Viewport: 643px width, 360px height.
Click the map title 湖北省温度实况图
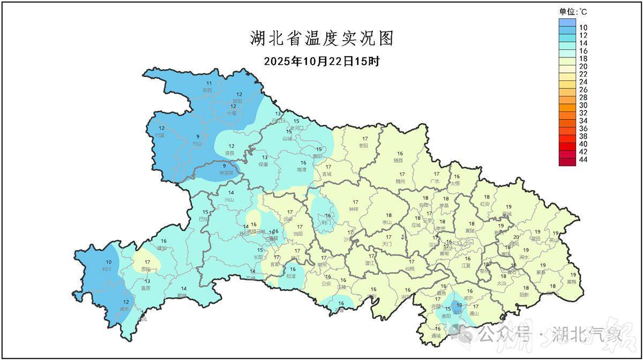pyautogui.click(x=322, y=39)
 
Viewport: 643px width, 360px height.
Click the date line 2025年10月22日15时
pyautogui.click(x=322, y=61)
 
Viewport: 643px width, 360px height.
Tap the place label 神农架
pyautogui.click(x=226, y=174)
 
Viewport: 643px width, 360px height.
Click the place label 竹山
pyautogui.click(x=198, y=143)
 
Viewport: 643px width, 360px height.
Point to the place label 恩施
pyautogui.click(x=145, y=269)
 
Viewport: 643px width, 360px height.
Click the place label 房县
pyautogui.click(x=231, y=153)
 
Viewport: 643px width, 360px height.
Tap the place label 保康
pyautogui.click(x=263, y=164)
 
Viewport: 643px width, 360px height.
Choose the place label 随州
pyautogui.click(x=401, y=182)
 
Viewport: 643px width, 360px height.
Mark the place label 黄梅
pyautogui.click(x=572, y=282)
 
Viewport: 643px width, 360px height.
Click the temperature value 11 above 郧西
pyautogui.click(x=209, y=83)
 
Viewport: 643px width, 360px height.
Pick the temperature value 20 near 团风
pyautogui.click(x=516, y=237)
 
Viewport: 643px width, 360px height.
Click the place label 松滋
pyautogui.click(x=291, y=276)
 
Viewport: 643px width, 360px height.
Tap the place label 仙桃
pyautogui.click(x=411, y=268)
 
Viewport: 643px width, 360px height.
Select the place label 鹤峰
pyautogui.click(x=183, y=296)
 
